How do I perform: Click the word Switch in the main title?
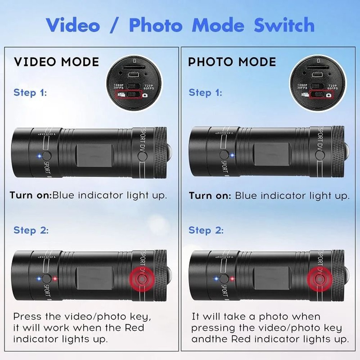pos(284,25)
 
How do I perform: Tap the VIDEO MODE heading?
pos(56,62)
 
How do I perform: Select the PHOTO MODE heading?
pos(232,62)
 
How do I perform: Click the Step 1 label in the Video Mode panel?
pos(30,93)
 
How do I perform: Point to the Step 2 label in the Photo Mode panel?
pos(206,230)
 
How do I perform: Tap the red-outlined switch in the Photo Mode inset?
pos(319,94)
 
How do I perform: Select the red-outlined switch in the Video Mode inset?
pos(134,94)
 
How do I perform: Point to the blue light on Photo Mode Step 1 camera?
pos(232,156)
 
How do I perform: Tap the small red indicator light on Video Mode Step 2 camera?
pos(54,279)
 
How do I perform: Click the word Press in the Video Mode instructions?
pos(27,317)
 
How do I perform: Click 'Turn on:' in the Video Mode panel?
pos(31,195)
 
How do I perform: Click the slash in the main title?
pos(114,25)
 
